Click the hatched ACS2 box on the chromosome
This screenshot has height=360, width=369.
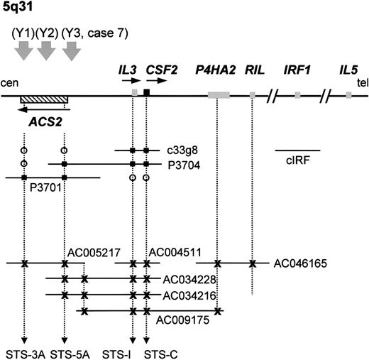tap(43, 99)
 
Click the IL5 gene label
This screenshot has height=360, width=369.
tap(348, 70)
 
